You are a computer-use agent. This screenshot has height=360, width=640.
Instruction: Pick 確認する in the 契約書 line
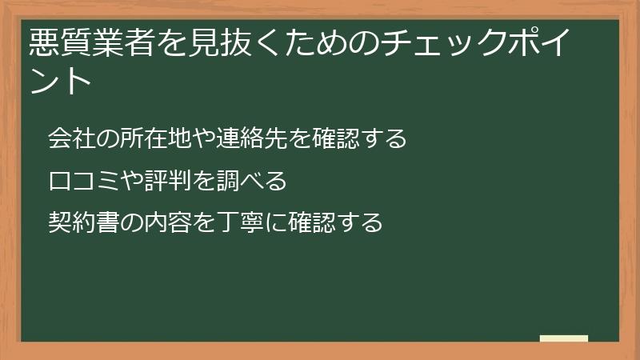point(336,222)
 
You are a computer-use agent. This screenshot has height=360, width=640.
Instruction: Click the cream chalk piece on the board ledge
point(563,338)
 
